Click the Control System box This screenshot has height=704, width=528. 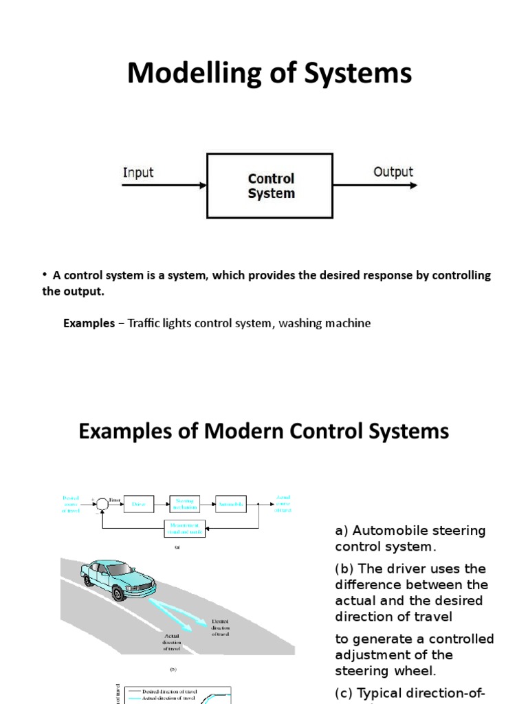point(271,186)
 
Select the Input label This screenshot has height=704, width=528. point(138,172)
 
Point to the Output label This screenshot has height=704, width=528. point(393,172)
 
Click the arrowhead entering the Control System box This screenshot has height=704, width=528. point(202,186)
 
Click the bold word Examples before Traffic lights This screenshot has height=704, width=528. point(89,323)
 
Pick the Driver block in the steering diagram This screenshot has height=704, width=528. point(140,504)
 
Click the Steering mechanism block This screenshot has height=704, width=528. point(185,504)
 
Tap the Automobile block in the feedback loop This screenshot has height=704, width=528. point(230,504)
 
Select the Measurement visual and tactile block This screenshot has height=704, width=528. point(185,528)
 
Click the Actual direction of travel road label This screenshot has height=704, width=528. point(172,641)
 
